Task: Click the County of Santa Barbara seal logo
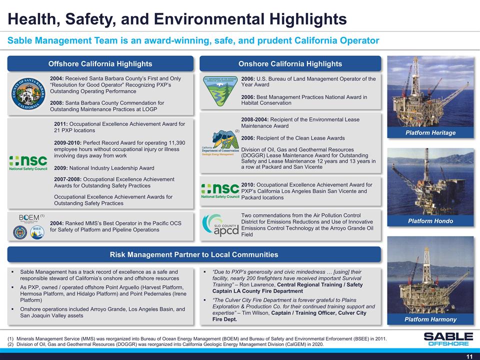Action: click(28, 93)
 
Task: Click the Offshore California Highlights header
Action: click(100, 63)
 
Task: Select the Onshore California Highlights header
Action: click(290, 63)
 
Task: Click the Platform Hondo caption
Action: click(430, 221)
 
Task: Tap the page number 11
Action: click(469, 355)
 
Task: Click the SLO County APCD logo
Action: click(219, 226)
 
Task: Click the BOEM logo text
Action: click(28, 217)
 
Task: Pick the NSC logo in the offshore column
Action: click(29, 163)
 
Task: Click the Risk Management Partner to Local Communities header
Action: click(194, 254)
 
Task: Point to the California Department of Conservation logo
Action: click(218, 144)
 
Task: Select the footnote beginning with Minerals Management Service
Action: click(200, 339)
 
